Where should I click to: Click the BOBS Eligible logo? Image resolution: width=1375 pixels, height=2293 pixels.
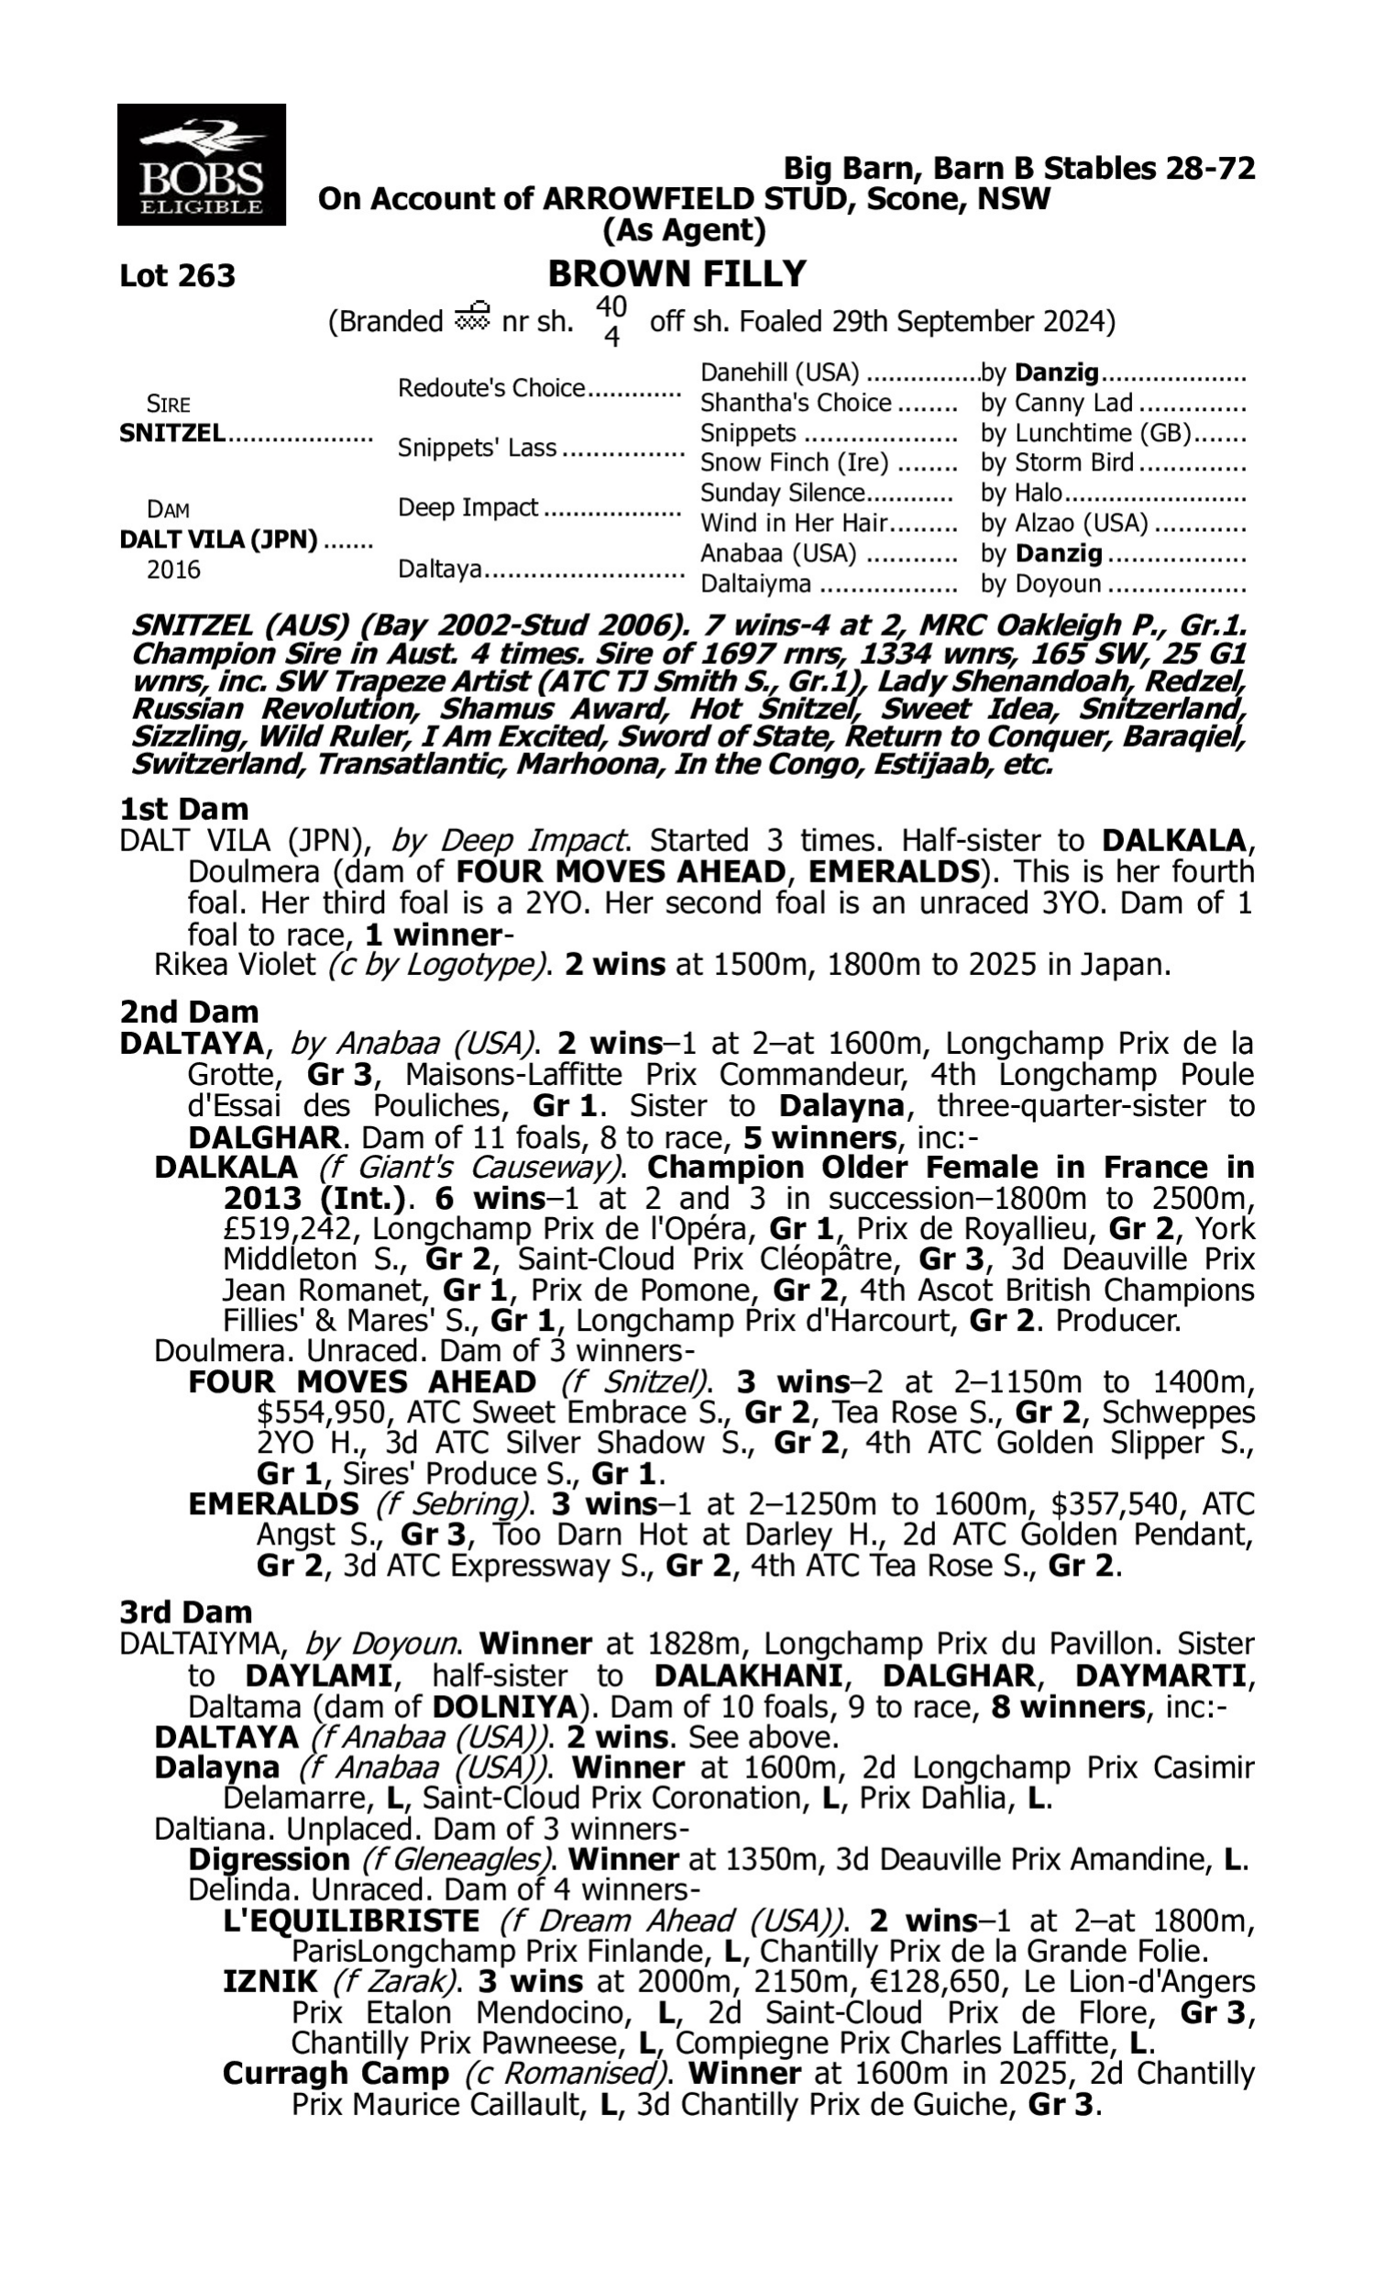[x=201, y=164]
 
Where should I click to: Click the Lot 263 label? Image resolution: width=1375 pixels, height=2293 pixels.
[x=177, y=275]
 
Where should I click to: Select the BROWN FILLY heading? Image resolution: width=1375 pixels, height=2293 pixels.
[x=676, y=273]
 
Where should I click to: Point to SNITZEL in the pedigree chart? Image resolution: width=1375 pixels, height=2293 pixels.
[x=171, y=433]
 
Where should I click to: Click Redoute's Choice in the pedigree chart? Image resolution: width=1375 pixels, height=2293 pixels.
[x=491, y=387]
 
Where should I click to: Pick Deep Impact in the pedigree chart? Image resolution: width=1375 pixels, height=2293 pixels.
[x=467, y=508]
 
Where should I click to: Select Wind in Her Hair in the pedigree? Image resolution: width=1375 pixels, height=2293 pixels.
[x=793, y=524]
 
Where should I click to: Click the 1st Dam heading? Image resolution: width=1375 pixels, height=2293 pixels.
[x=183, y=809]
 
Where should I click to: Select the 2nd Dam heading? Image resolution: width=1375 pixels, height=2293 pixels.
[x=189, y=1011]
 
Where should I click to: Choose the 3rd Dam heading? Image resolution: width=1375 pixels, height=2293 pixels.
[x=185, y=1612]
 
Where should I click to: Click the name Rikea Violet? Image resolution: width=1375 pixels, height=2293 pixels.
[x=236, y=965]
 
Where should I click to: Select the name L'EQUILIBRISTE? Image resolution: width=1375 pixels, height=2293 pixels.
[x=351, y=1922]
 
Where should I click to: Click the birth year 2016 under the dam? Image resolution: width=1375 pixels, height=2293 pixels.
[x=173, y=569]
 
